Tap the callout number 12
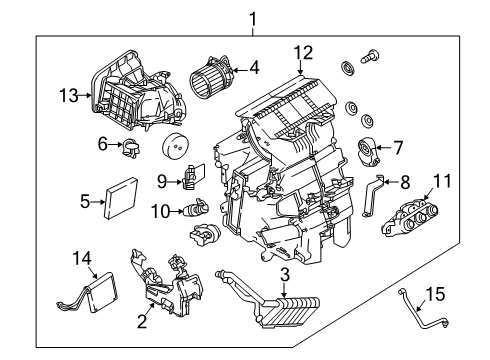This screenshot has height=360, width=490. coord(303,52)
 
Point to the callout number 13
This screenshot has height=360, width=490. coord(66,96)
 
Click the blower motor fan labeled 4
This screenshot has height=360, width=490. coord(213,75)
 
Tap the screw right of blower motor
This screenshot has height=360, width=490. coord(372,59)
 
